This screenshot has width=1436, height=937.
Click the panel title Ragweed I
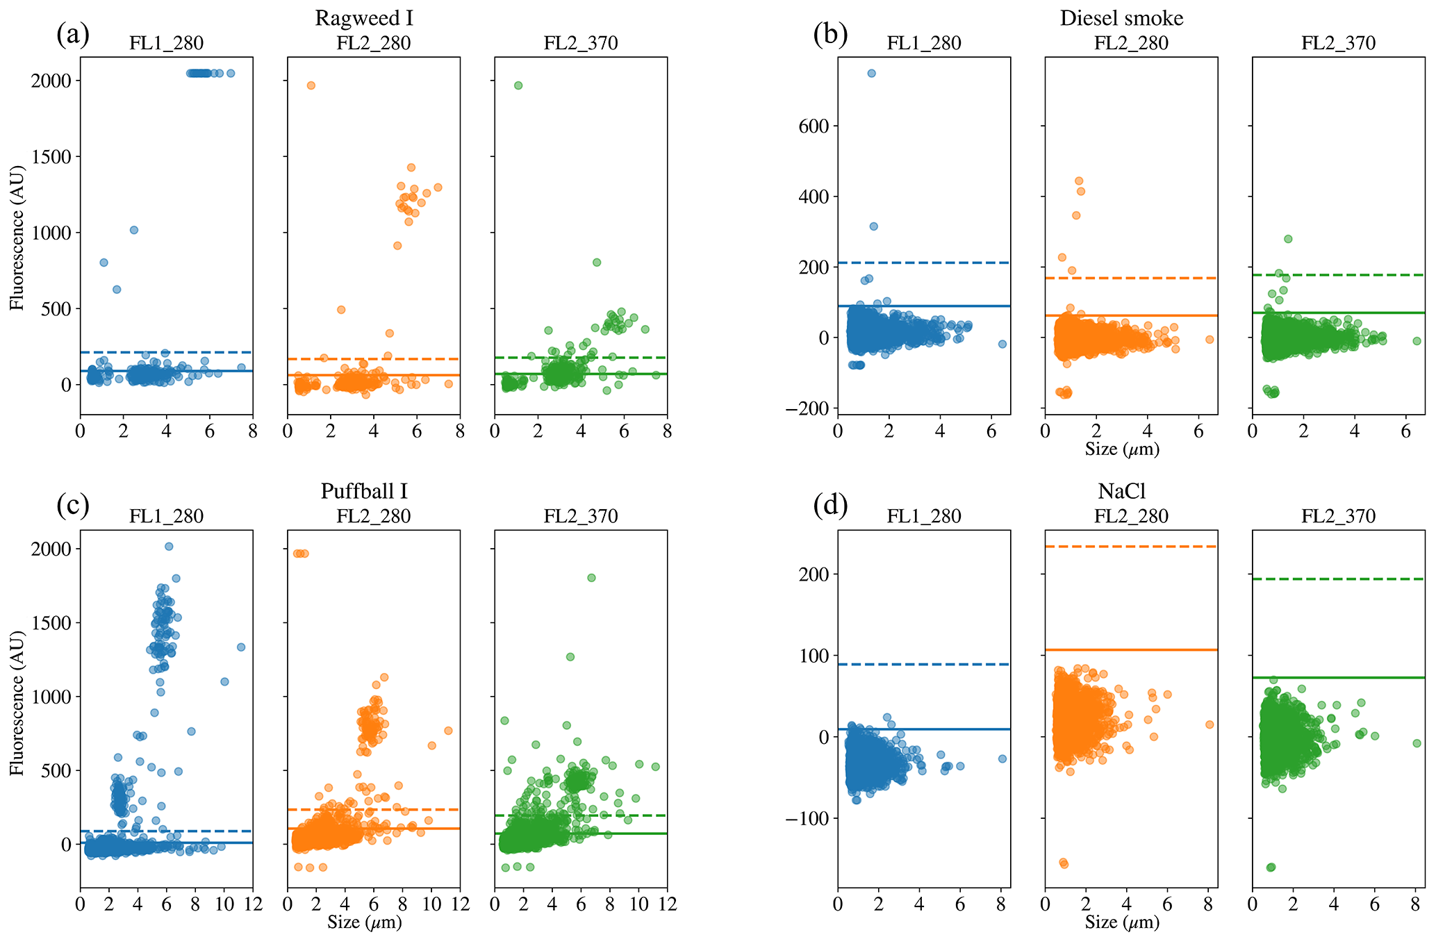pos(364,17)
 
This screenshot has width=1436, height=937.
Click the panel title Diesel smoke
pos(1121,17)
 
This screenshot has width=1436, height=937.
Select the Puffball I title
pos(364,491)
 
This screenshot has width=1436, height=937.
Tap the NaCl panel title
pos(1121,491)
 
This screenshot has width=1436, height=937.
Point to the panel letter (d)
pos(830,506)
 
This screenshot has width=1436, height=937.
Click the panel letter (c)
pos(73,506)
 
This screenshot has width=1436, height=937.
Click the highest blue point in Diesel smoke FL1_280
pos(871,73)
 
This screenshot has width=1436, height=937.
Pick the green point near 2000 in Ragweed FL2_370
pos(518,85)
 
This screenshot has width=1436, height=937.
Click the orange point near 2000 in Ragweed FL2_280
pos(311,85)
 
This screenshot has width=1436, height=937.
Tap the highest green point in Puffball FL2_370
pos(591,578)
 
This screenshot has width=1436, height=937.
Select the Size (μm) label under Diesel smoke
pos(1122,449)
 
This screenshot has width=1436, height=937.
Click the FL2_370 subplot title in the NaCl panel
pos(1338,516)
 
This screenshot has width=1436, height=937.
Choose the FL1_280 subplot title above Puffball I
pos(166,516)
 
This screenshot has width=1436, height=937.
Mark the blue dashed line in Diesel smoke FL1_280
pos(924,263)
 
